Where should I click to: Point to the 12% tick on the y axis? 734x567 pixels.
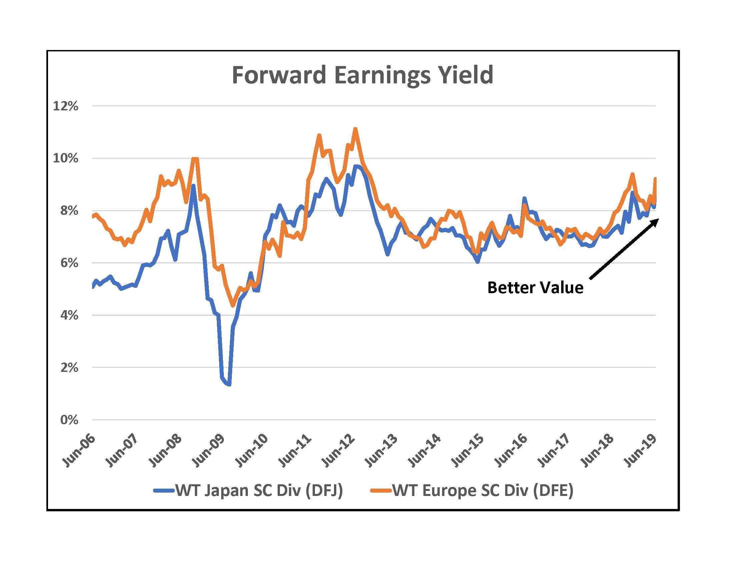point(65,106)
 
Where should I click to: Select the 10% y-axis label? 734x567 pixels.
point(65,158)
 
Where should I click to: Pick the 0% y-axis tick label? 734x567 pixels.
point(69,420)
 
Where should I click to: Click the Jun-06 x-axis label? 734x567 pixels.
point(79,450)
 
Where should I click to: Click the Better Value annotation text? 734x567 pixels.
point(535,288)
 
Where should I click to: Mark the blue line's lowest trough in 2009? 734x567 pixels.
point(229,384)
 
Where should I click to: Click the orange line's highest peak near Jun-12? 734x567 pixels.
point(355,129)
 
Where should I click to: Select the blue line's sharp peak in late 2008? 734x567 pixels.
point(193,185)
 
